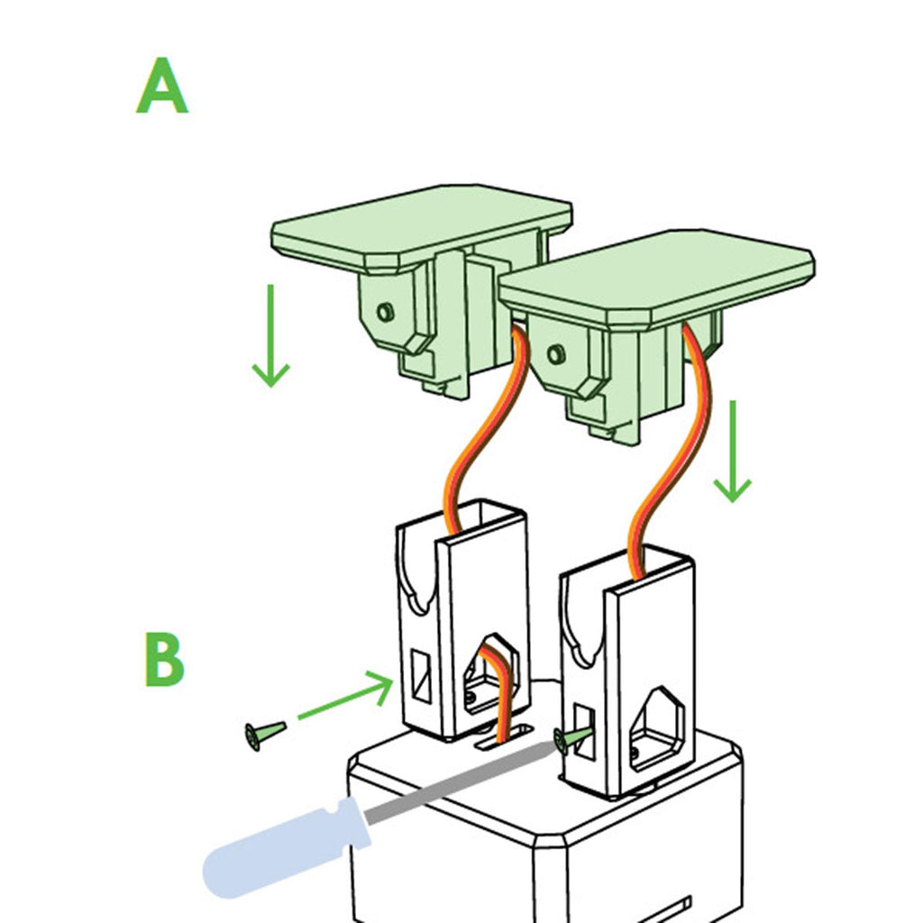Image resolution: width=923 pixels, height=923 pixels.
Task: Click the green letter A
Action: [162, 87]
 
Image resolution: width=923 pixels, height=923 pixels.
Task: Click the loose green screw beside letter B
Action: [262, 734]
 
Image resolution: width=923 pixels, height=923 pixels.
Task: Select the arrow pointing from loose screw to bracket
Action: [346, 698]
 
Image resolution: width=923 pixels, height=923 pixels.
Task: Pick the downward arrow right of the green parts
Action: [732, 451]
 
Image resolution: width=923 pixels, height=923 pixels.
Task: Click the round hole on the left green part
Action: [386, 312]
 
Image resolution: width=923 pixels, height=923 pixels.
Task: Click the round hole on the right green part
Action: [556, 354]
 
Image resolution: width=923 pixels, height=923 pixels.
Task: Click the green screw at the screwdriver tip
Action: [572, 740]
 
